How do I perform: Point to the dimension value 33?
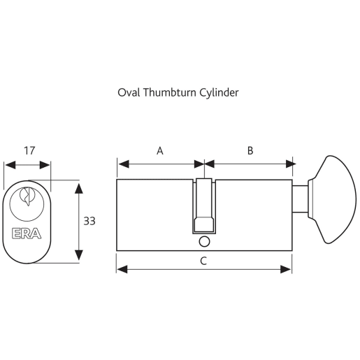click(89, 221)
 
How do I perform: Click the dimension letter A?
click(159, 150)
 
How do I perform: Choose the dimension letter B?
click(250, 150)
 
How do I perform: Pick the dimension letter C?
click(203, 261)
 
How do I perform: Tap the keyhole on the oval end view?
click(27, 196)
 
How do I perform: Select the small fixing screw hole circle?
click(203, 242)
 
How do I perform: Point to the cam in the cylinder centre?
click(203, 206)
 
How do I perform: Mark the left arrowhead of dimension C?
click(120, 268)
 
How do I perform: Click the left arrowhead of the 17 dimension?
click(8, 165)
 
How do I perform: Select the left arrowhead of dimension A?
click(120, 164)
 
